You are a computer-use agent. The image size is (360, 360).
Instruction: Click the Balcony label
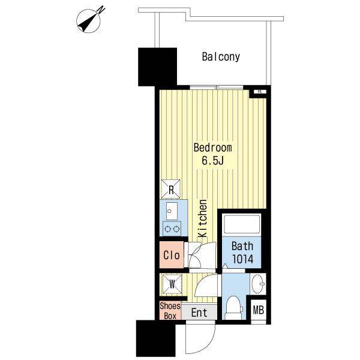[221, 57]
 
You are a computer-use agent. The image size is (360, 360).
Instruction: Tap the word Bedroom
[212, 148]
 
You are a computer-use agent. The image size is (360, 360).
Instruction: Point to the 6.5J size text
[212, 160]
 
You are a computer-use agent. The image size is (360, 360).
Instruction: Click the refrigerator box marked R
[170, 189]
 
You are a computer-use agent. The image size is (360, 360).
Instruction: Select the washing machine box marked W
[172, 284]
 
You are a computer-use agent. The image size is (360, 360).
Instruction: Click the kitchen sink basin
[172, 211]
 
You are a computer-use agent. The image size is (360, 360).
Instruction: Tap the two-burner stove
[172, 229]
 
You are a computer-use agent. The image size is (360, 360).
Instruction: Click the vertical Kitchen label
[203, 218]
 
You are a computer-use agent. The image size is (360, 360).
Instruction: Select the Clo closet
[172, 255]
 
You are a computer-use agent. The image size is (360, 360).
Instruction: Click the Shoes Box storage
[170, 311]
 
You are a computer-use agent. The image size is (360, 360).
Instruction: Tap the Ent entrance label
[199, 313]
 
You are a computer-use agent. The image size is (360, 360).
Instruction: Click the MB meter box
[258, 310]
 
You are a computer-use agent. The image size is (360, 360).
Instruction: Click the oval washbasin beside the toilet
[258, 284]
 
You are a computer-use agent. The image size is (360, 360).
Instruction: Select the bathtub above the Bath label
[242, 224]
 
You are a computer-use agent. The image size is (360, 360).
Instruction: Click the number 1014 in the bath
[242, 259]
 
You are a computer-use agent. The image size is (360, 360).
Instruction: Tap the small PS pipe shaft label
[260, 92]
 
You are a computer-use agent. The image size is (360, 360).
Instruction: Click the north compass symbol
[89, 20]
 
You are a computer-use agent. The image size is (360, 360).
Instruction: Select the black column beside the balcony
[157, 67]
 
